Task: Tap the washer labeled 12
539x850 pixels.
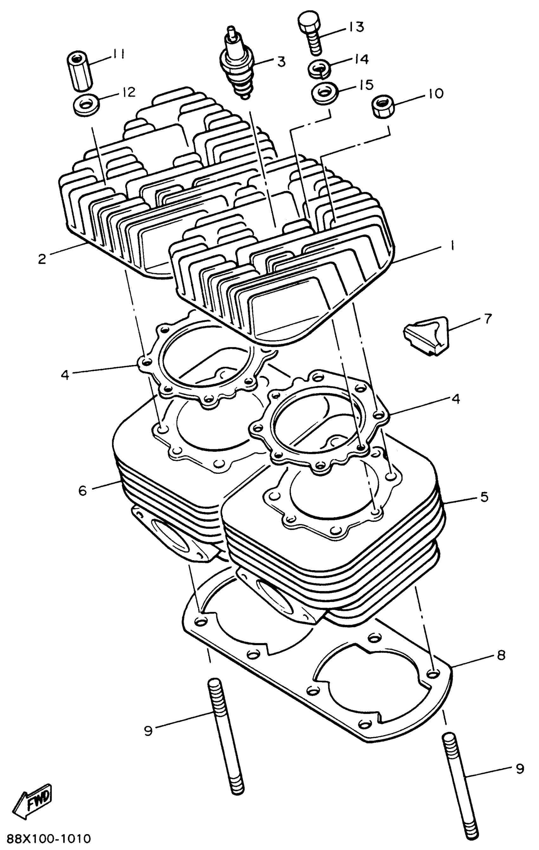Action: pos(86,105)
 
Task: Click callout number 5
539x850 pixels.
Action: pos(484,497)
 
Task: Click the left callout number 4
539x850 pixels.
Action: pos(65,374)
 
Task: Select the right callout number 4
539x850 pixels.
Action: pos(456,399)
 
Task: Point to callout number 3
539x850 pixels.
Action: pos(281,61)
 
